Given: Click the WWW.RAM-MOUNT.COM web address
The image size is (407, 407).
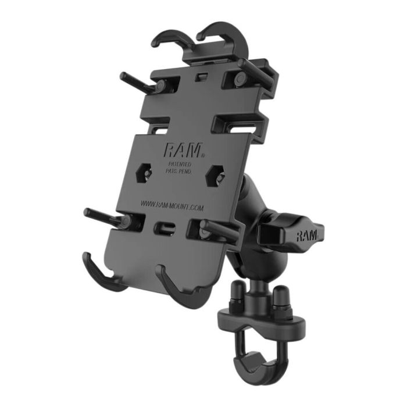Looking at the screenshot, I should coord(171,204).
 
